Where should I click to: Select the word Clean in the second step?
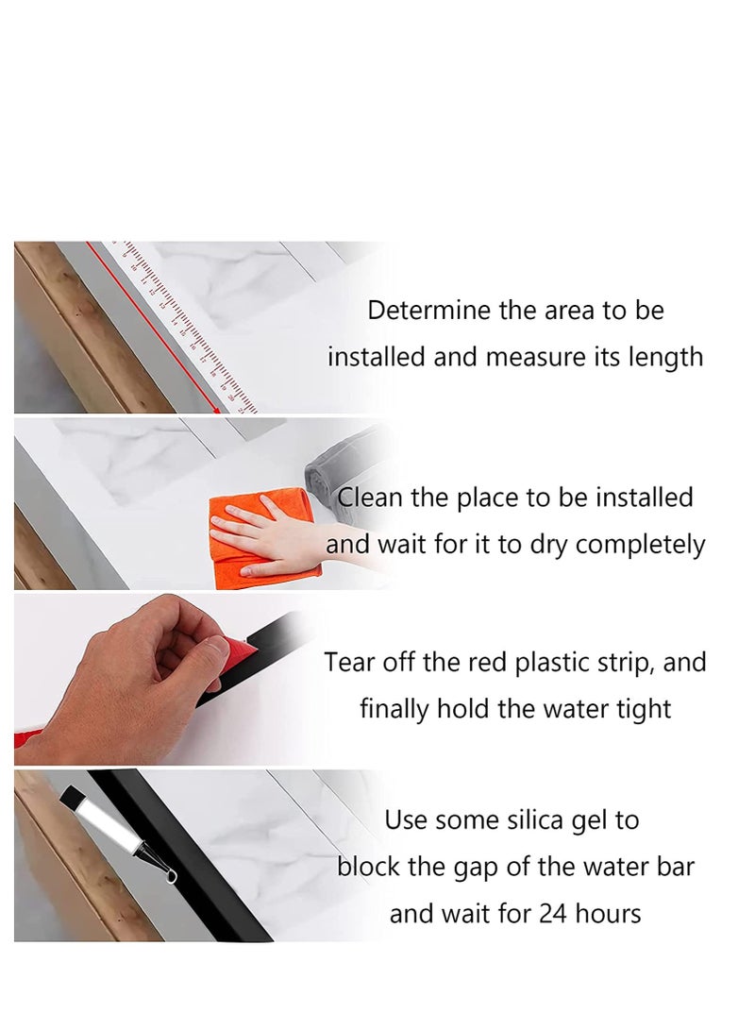[370, 498]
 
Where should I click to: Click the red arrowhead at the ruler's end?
[226, 407]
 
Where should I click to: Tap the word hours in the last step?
[608, 914]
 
